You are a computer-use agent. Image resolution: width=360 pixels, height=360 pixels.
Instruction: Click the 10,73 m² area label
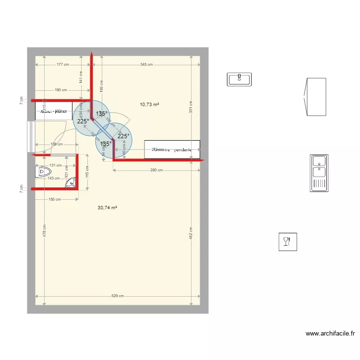(149, 104)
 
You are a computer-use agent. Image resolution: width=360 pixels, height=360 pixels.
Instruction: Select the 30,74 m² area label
(108, 208)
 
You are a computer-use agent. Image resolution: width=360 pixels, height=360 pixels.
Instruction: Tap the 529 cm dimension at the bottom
(118, 296)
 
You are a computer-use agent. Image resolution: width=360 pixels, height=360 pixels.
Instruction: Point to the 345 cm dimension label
(146, 64)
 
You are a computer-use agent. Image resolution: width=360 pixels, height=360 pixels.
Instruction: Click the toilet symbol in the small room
(44, 171)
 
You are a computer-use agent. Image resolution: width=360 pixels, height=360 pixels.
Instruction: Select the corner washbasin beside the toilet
(72, 182)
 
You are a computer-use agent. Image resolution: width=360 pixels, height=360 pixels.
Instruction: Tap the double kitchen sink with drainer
(319, 173)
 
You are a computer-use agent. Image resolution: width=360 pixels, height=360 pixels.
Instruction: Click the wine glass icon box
(288, 241)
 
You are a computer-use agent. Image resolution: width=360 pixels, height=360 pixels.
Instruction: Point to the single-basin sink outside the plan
(240, 79)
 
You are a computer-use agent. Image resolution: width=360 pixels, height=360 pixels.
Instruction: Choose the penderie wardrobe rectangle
(172, 150)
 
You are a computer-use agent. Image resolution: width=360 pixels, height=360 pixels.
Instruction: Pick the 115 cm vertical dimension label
(87, 171)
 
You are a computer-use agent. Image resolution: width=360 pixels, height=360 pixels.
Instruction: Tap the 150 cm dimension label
(55, 199)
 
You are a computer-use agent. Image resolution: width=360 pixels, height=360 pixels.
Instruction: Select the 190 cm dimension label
(60, 90)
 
